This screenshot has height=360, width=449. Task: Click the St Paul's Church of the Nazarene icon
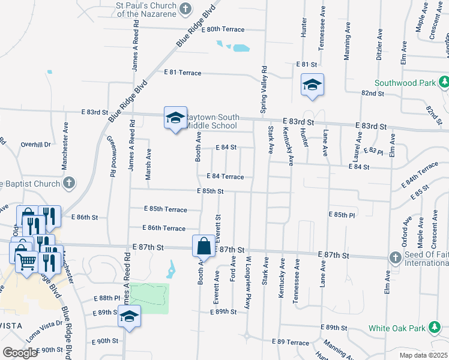(185, 8)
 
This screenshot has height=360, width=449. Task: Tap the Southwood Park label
(404, 83)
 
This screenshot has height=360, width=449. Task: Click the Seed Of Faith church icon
(394, 257)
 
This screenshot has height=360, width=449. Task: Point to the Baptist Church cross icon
(69, 183)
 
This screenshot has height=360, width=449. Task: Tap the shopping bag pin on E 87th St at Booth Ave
(203, 247)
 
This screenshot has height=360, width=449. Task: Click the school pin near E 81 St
(312, 85)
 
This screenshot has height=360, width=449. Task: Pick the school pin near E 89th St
(129, 316)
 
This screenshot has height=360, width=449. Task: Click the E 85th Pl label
(342, 214)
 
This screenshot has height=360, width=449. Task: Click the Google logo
(20, 353)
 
